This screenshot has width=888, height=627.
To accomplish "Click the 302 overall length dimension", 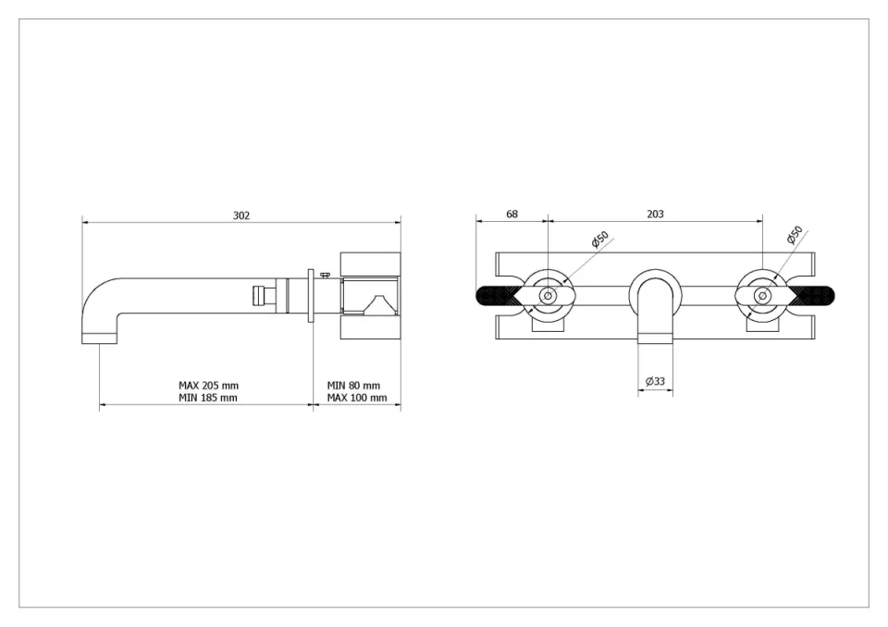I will pos(241,215).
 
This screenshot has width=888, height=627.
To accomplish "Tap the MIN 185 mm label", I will pos(208,398).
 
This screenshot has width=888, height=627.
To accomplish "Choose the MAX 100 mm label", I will pos(356,398).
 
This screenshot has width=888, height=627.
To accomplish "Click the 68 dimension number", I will pos(512,214).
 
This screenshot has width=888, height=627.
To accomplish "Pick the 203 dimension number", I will pos(655,214).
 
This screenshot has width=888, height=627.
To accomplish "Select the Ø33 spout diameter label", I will pos(655,381).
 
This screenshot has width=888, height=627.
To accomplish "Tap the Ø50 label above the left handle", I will pos(599,240).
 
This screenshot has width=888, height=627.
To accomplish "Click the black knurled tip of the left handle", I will pos(495,296).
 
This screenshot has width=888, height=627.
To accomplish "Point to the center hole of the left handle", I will pos(548,296).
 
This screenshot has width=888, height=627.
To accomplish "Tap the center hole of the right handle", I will pos(762,296).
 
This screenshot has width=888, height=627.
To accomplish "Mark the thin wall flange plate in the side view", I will pos(312,296).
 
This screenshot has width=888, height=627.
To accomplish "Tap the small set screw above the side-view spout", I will pos(324,274).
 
